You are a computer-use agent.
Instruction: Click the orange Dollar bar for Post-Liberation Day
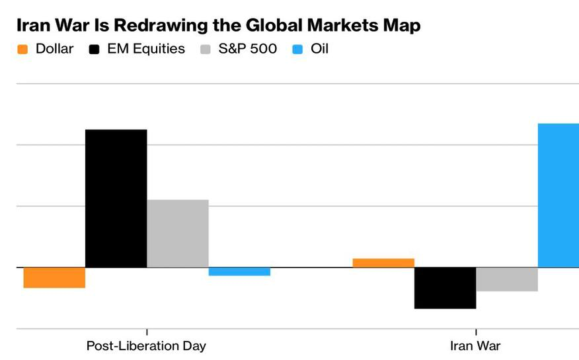pyautogui.click(x=54, y=277)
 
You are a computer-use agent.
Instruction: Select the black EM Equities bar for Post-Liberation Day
pyautogui.click(x=116, y=198)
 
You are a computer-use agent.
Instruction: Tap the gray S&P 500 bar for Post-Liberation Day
pyautogui.click(x=178, y=233)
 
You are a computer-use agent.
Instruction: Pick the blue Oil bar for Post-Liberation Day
pyautogui.click(x=239, y=271)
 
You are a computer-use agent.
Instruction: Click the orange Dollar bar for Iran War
pyautogui.click(x=383, y=263)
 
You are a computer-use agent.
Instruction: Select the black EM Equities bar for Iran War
pyautogui.click(x=445, y=287)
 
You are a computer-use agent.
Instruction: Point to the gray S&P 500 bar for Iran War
pyautogui.click(x=507, y=279)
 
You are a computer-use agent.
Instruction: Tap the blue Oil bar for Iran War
pyautogui.click(x=559, y=196)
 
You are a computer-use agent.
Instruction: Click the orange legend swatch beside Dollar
pyautogui.click(x=22, y=49)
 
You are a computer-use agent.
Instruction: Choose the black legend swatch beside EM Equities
pyautogui.click(x=94, y=49)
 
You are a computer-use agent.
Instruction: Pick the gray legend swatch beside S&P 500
pyautogui.click(x=206, y=49)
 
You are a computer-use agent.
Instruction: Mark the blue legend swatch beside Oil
pyautogui.click(x=297, y=49)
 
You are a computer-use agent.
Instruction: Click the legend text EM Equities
pyautogui.click(x=146, y=49)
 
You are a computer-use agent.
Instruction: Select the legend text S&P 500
pyautogui.click(x=248, y=49)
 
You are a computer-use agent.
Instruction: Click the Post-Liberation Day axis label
pyautogui.click(x=146, y=346)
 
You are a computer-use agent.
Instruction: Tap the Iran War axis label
pyautogui.click(x=475, y=346)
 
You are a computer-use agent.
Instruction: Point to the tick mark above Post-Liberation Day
pyautogui.click(x=147, y=332)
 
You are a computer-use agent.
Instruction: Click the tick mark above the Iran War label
pyautogui.click(x=476, y=332)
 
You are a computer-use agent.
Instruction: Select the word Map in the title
pyautogui.click(x=402, y=26)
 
